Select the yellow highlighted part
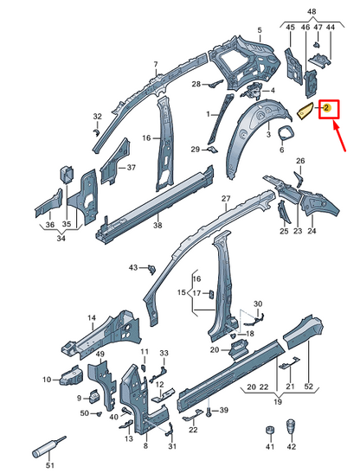307,110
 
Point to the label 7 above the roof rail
156,64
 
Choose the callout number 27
225,199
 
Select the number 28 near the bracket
196,84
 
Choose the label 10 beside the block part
46,379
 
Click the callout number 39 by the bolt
222,409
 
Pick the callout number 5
259,30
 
